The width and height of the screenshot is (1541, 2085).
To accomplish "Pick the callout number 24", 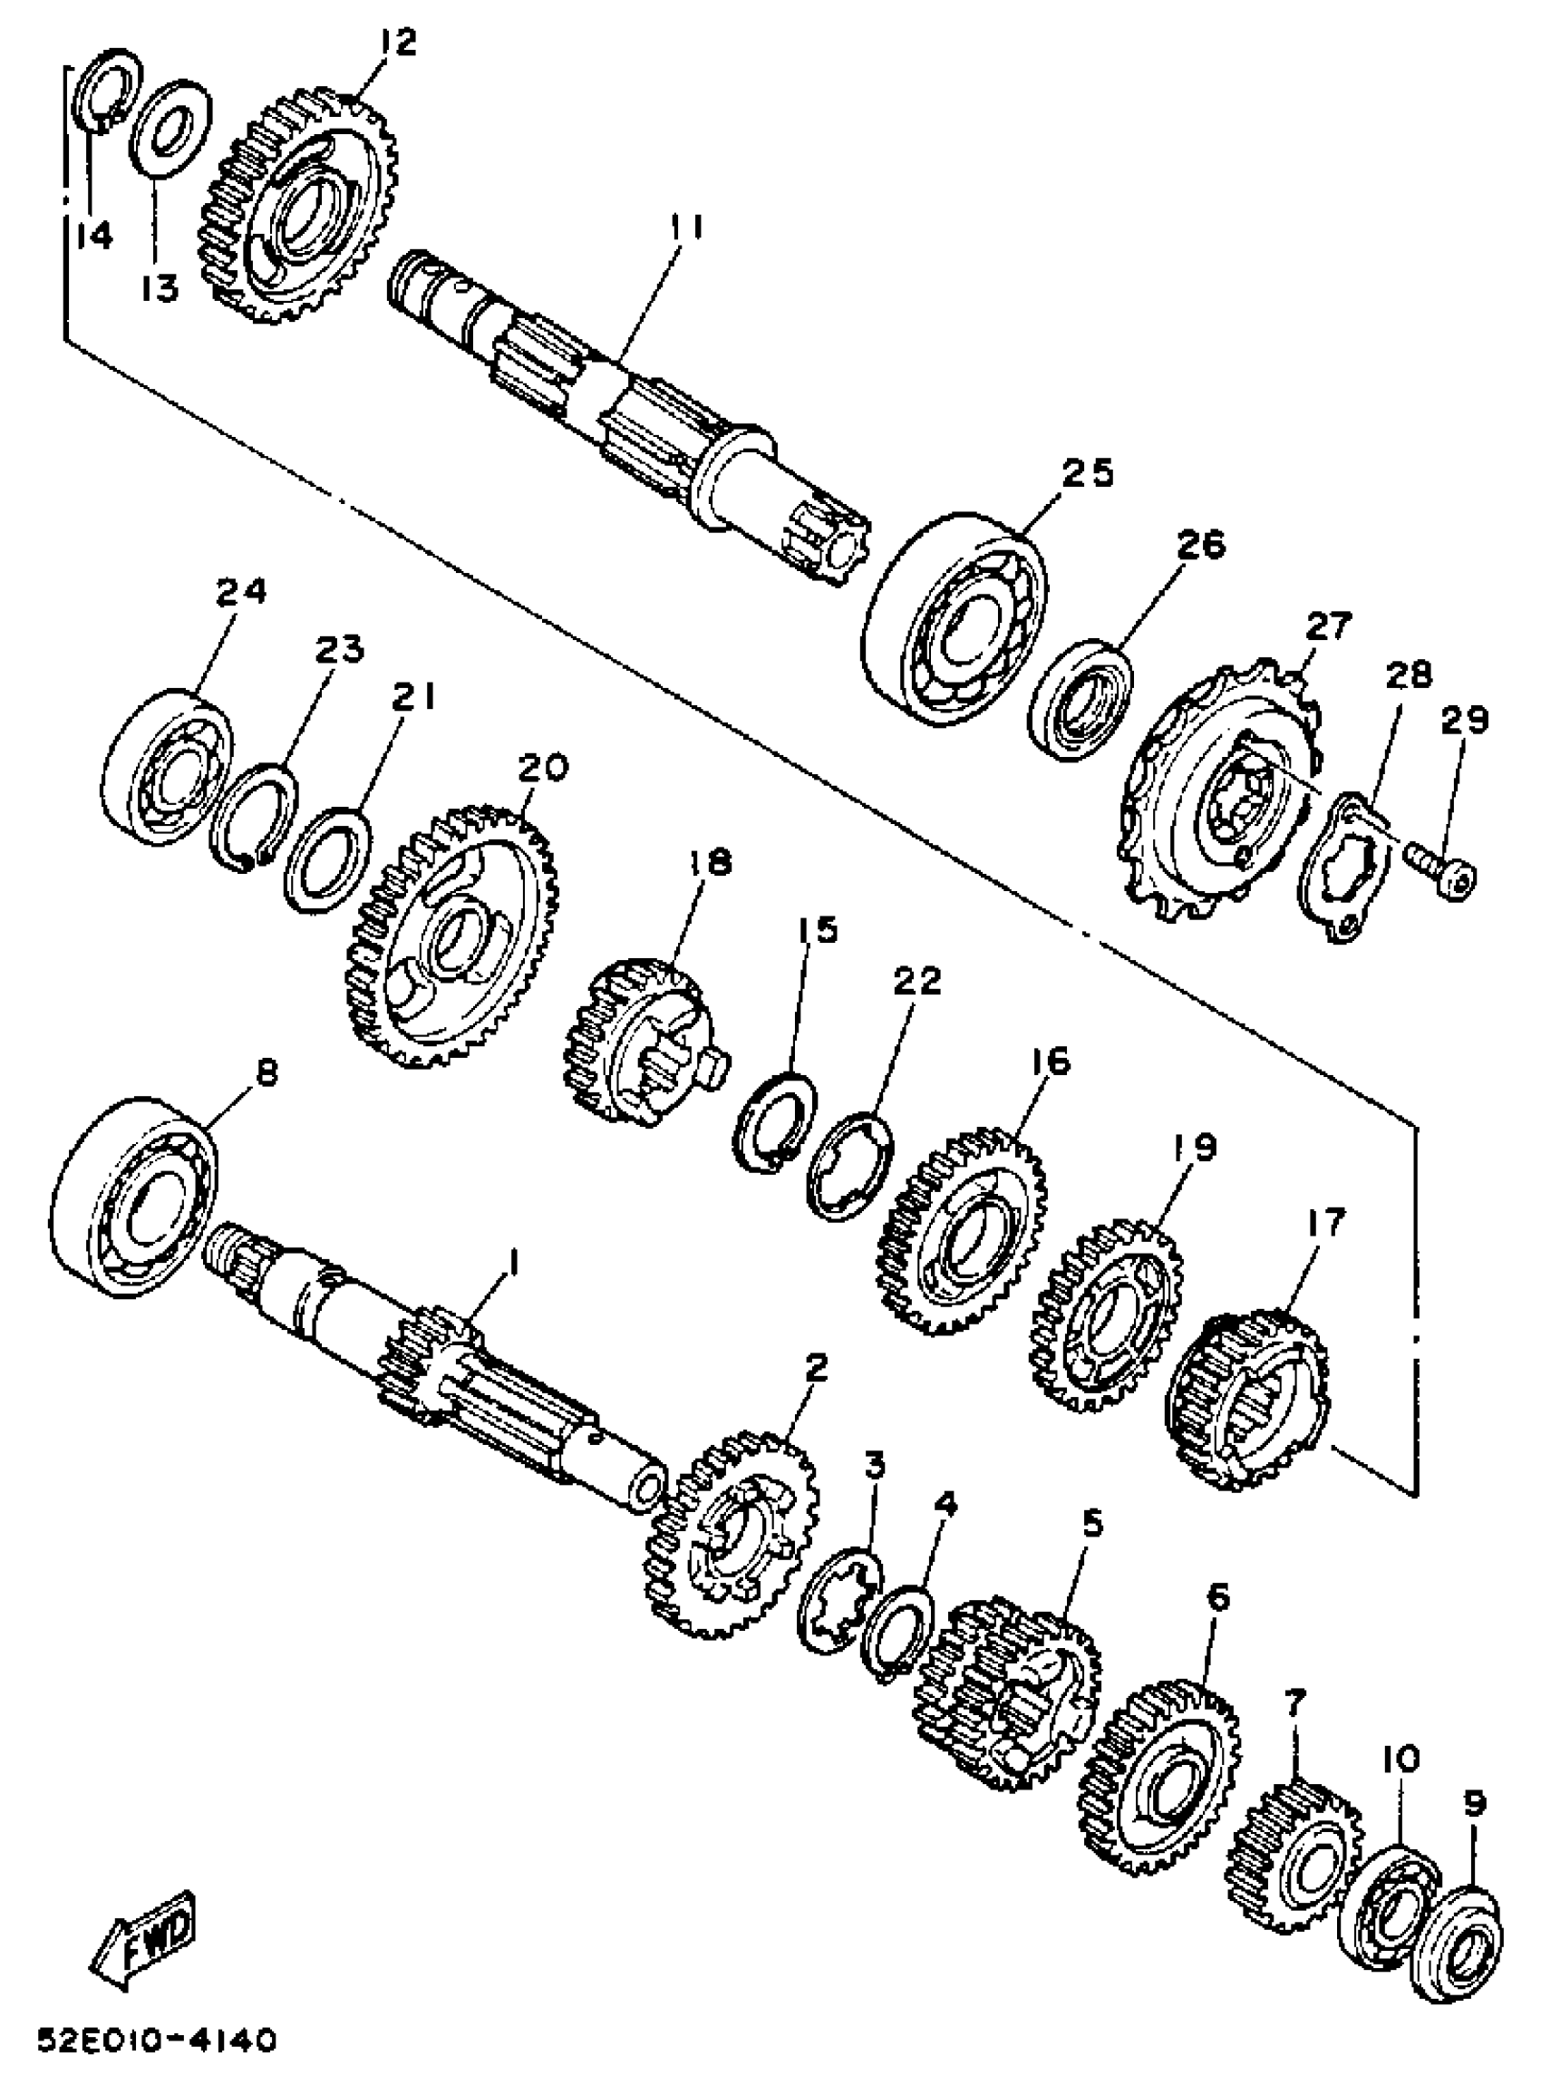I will point(240,591).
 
